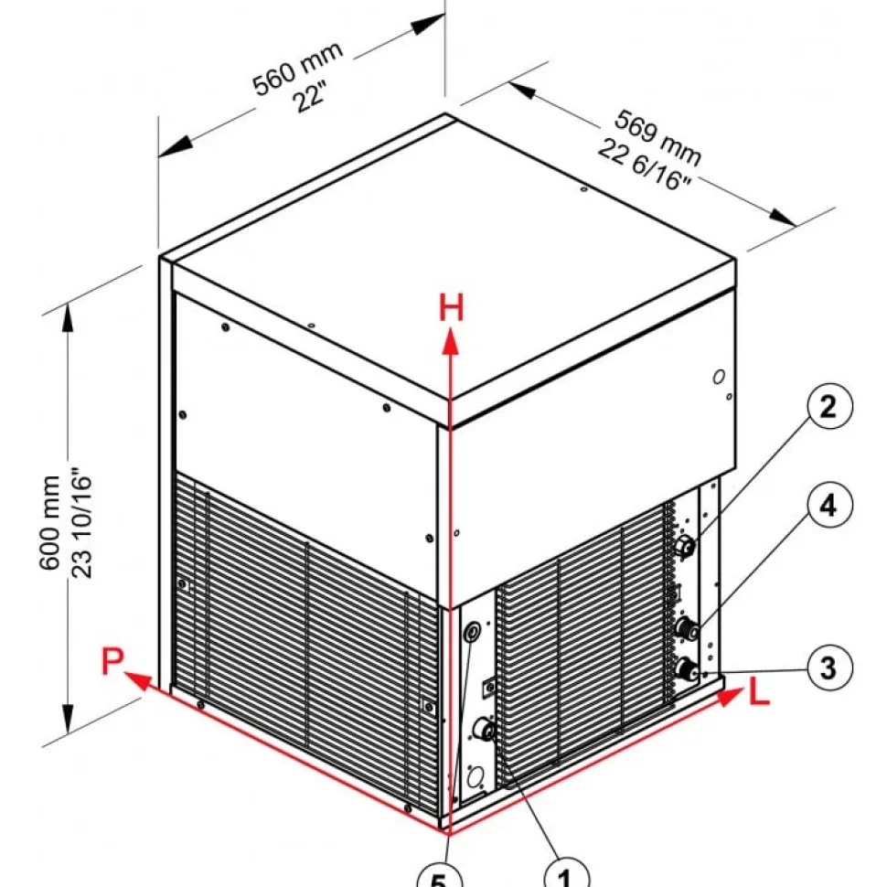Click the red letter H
(452, 308)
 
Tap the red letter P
(112, 661)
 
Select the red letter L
(759, 692)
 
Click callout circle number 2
(828, 406)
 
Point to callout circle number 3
(828, 668)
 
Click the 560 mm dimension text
(297, 69)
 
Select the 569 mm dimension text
(657, 138)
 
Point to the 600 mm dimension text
(49, 523)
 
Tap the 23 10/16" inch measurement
(81, 521)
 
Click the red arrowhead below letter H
(450, 343)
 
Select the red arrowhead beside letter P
(137, 680)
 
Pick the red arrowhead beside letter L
(730, 697)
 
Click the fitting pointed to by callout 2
(686, 547)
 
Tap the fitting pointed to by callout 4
(686, 629)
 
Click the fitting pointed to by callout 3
(686, 668)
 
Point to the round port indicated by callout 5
(472, 632)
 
